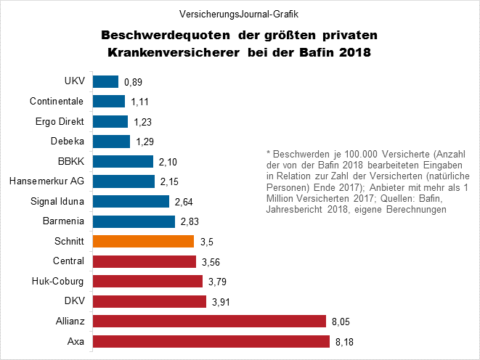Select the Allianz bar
coord(209,321)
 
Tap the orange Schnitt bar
coord(144,241)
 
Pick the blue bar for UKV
coord(106,82)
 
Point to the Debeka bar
coord(112,141)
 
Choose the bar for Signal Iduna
coord(131,201)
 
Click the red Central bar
coord(145,261)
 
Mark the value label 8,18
coord(345,341)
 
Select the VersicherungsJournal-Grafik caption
coord(240,14)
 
